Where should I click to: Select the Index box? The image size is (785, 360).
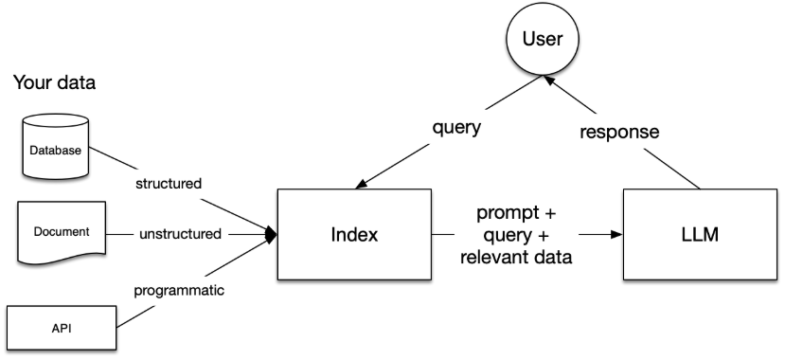coord(355,234)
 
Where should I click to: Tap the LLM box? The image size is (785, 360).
coord(700,234)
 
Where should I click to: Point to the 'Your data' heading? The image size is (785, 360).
coord(54,83)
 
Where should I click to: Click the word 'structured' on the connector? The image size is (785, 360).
coord(169,183)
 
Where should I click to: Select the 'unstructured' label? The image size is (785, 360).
coord(181,233)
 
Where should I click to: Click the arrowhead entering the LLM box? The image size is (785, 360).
coord(616,234)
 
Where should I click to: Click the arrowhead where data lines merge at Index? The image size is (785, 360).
coord(272,233)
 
